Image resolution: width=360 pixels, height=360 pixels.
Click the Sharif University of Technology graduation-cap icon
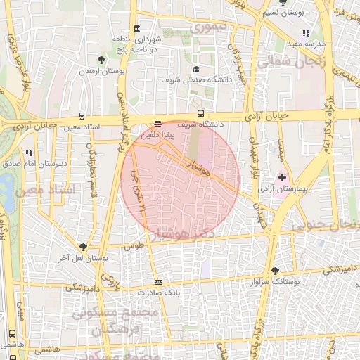coord(197,70)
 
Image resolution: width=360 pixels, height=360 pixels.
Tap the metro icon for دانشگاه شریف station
coord(201,113)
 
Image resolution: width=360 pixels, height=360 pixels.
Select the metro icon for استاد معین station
coord(82,117)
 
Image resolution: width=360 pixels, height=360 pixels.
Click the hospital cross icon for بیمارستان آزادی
coord(283,177)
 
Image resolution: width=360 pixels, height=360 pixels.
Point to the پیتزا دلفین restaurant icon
coord(157,124)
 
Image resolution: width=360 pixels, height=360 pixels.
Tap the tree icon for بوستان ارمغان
coord(103,59)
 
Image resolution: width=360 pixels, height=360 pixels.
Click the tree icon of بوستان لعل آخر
coord(84,247)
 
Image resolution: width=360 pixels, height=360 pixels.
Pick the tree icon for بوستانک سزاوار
coord(274,270)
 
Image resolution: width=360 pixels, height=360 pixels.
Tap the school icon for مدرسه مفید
coord(304,33)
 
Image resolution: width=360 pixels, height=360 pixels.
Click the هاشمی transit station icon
coord(12,335)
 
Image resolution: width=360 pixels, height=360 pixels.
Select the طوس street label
coord(133,247)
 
